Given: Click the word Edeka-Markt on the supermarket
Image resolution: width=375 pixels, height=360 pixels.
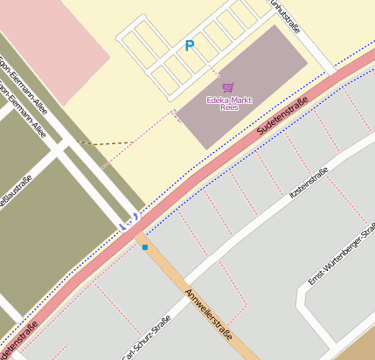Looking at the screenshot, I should [x=228, y=99].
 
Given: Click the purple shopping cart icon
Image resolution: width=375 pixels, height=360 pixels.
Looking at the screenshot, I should [x=228, y=87].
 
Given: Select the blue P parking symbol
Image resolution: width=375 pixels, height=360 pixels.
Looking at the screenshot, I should [x=189, y=45].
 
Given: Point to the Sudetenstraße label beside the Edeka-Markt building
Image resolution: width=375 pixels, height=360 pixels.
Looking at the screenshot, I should [x=283, y=117].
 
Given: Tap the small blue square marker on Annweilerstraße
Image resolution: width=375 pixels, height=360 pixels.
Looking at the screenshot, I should [x=145, y=248].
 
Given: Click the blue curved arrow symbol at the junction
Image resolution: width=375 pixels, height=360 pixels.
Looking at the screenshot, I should [x=128, y=220].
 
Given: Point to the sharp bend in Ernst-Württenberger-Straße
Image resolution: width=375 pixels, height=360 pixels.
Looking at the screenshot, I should [x=302, y=293].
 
